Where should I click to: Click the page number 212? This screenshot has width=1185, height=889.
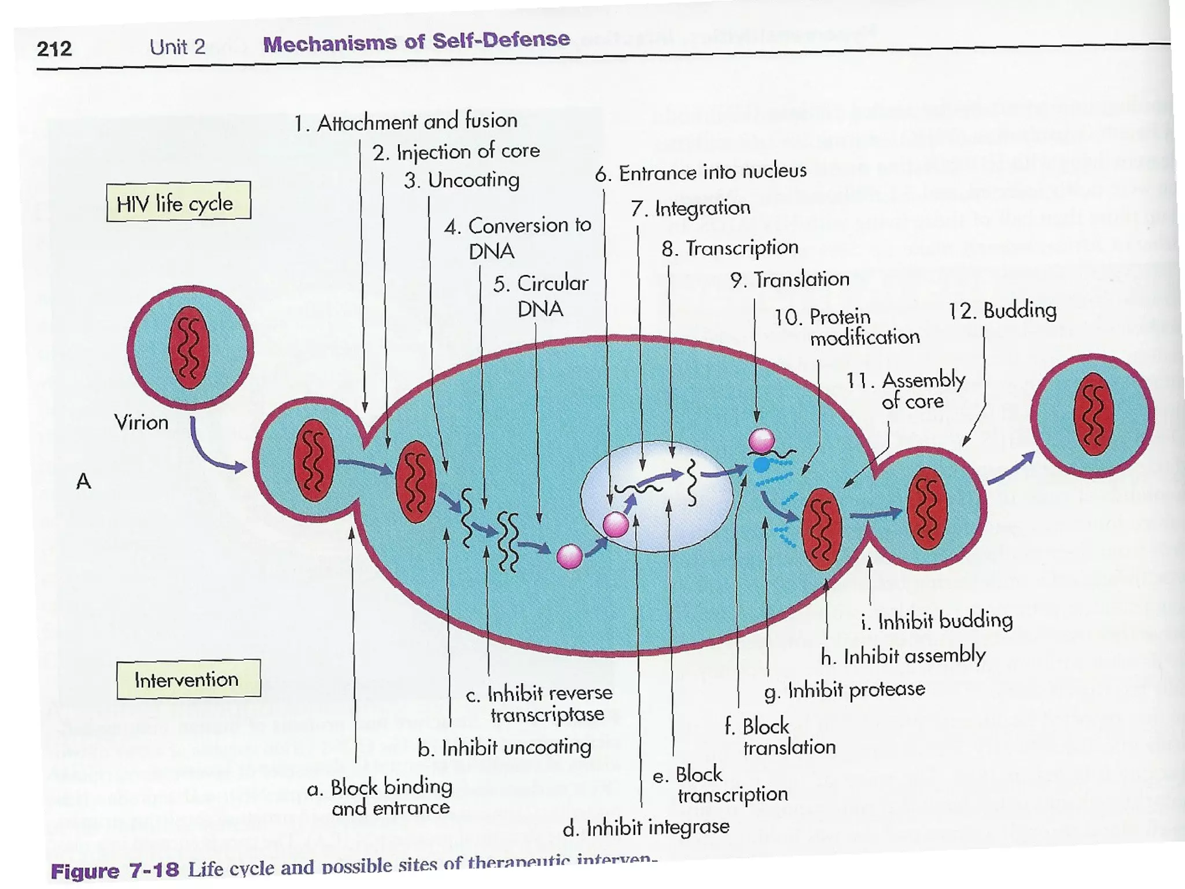pyautogui.click(x=54, y=48)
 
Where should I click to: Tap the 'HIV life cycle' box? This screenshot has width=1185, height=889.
pyautogui.click(x=178, y=202)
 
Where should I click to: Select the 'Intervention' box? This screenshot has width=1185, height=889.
pyautogui.click(x=188, y=679)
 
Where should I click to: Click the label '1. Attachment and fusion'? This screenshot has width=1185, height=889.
pyautogui.click(x=406, y=122)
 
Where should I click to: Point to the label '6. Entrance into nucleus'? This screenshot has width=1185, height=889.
pyautogui.click(x=701, y=172)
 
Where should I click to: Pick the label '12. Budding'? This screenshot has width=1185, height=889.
pyautogui.click(x=1002, y=311)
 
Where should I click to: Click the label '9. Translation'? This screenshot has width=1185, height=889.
pyautogui.click(x=790, y=280)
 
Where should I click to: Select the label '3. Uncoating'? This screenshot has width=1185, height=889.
pyautogui.click(x=461, y=181)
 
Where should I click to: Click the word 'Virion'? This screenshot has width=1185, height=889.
pyautogui.click(x=141, y=422)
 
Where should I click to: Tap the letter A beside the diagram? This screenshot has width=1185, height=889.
pyautogui.click(x=83, y=481)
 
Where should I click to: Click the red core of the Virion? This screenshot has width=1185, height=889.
pyautogui.click(x=189, y=347)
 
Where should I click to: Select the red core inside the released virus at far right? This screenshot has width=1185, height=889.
pyautogui.click(x=1093, y=414)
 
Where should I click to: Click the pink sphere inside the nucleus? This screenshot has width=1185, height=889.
pyautogui.click(x=615, y=524)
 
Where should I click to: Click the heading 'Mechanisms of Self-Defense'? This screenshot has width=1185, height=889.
pyautogui.click(x=416, y=42)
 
